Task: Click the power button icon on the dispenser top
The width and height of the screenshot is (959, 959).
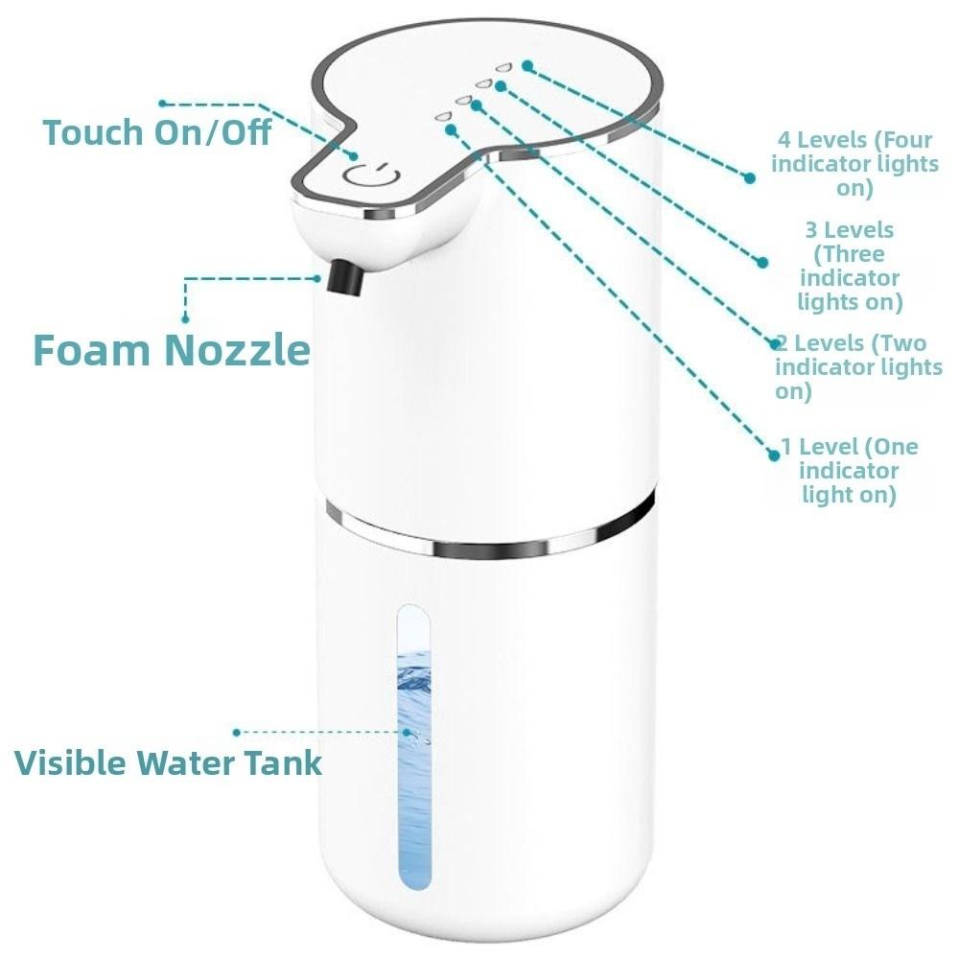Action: pyautogui.click(x=368, y=176)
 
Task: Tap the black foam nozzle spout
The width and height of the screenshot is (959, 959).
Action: pyautogui.click(x=344, y=276)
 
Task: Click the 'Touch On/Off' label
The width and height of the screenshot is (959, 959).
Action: pyautogui.click(x=156, y=132)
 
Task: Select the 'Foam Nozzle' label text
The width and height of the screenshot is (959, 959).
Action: pyautogui.click(x=172, y=350)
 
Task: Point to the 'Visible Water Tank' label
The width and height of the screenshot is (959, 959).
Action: pyautogui.click(x=168, y=762)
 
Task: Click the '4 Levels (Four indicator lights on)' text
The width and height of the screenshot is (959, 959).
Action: pyautogui.click(x=854, y=164)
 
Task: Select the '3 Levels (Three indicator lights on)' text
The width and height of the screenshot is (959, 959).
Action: pyautogui.click(x=850, y=267)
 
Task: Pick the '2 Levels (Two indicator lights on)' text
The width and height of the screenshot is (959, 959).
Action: pyautogui.click(x=858, y=366)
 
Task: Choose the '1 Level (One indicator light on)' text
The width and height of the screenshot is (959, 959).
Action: pyautogui.click(x=850, y=470)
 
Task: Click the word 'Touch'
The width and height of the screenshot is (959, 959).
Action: pyautogui.click(x=92, y=132)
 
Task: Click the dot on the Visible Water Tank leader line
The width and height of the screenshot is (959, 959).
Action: pyautogui.click(x=237, y=732)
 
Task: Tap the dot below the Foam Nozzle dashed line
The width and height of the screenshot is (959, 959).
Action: pyautogui.click(x=186, y=318)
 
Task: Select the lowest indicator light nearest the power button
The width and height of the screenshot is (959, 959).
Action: pyautogui.click(x=442, y=116)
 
